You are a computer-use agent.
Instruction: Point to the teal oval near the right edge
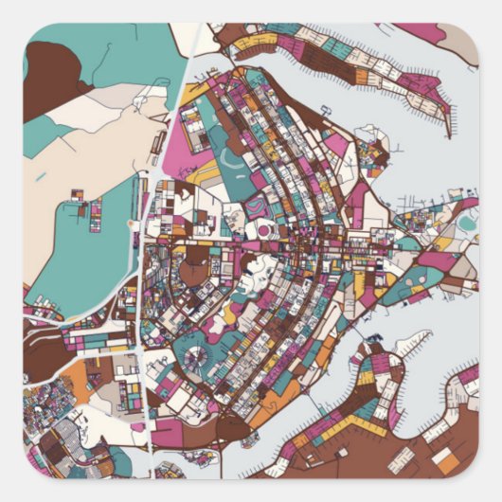click(467, 222)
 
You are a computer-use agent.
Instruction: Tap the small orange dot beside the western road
click(130, 224)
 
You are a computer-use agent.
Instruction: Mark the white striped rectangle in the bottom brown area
click(402, 460)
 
